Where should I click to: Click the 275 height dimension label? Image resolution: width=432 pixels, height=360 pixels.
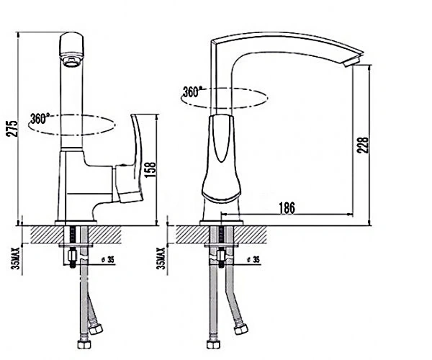coord(12,128)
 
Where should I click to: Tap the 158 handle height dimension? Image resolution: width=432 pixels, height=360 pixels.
coord(150,170)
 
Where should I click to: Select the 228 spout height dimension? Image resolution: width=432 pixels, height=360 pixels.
coord(362,145)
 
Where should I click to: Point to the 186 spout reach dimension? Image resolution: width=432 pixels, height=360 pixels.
coord(287,207)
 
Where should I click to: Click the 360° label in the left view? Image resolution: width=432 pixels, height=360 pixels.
coord(40,118)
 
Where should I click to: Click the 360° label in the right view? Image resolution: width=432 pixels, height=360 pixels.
coord(192,91)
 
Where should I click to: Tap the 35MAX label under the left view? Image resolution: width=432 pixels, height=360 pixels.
coord(17,258)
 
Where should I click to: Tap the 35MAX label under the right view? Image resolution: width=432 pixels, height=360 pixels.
coord(161,258)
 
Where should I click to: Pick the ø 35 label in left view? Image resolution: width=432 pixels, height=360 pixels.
coord(108,259)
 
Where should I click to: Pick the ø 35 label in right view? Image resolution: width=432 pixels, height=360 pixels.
coord(253,259)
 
